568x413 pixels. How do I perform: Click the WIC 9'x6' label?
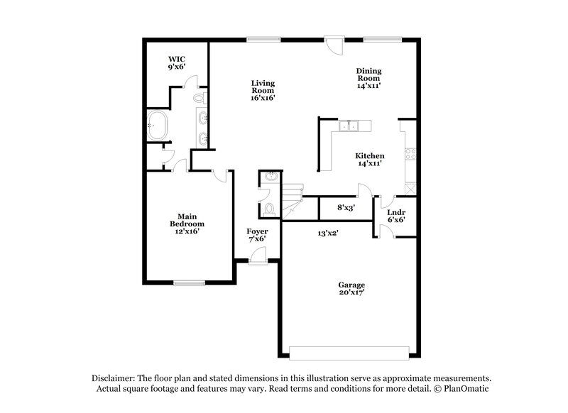(177, 62)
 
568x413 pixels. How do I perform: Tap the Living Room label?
(263, 90)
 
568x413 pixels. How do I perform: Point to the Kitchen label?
(370, 159)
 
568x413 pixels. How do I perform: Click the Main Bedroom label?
(187, 224)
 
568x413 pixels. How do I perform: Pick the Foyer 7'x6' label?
(257, 236)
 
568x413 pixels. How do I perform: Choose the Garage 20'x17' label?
(351, 289)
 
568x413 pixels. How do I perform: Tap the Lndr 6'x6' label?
(396, 216)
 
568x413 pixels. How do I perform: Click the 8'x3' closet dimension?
(346, 207)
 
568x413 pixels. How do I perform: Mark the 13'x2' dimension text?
(327, 233)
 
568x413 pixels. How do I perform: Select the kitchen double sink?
(349, 127)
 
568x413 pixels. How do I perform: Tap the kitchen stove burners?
(410, 154)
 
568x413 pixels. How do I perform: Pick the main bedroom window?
(189, 283)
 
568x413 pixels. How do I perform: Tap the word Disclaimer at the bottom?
(116, 378)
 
